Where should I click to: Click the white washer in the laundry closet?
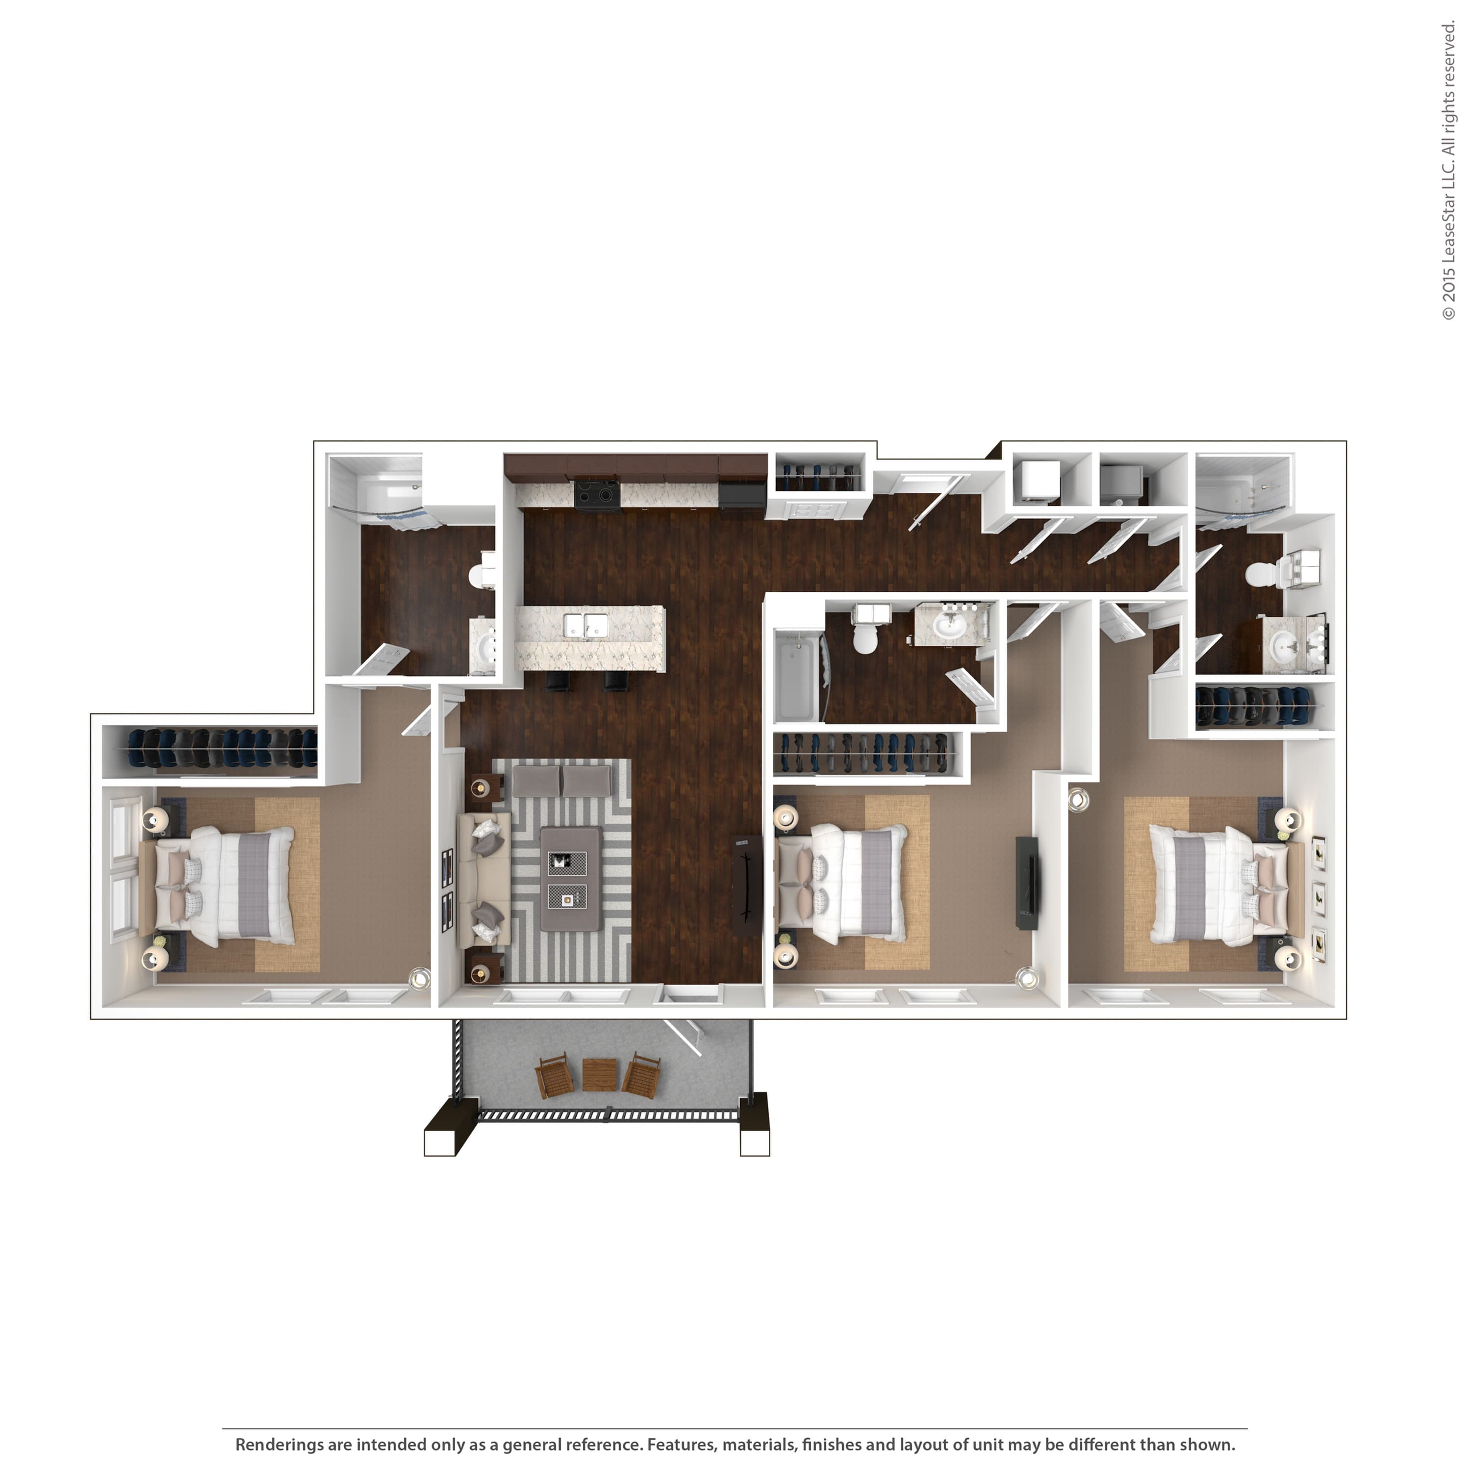click(x=1036, y=481)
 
